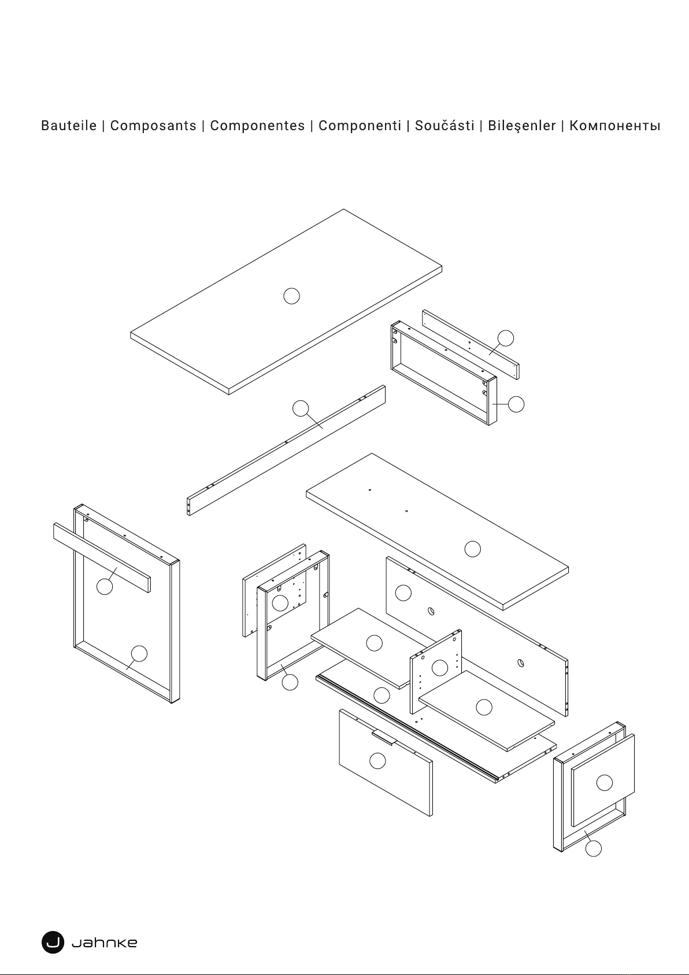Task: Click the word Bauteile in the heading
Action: click(x=69, y=126)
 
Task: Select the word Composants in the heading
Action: click(x=153, y=126)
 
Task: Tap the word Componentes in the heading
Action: click(x=257, y=126)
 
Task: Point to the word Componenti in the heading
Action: click(x=360, y=126)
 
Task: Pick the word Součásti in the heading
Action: click(x=444, y=126)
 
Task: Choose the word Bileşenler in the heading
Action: click(x=521, y=126)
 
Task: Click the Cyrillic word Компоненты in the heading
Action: click(x=614, y=126)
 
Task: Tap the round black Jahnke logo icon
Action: click(x=53, y=943)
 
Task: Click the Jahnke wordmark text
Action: click(x=104, y=943)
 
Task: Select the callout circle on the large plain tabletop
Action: click(x=292, y=296)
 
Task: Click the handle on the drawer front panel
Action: click(x=383, y=738)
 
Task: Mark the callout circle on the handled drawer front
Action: click(x=377, y=760)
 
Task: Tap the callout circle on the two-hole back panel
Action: click(x=403, y=593)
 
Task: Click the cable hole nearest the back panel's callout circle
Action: click(x=431, y=611)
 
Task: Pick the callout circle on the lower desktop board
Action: click(x=472, y=549)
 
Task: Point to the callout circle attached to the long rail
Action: click(x=301, y=409)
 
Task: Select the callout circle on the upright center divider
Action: click(x=440, y=668)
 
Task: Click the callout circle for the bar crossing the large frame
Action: click(x=105, y=586)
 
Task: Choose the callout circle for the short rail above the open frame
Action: click(x=506, y=338)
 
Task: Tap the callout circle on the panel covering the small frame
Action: click(x=605, y=783)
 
